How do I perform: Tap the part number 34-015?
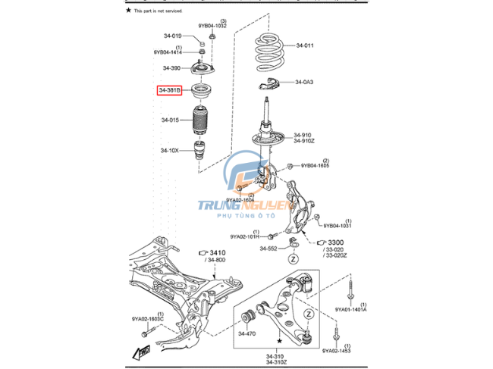point(170,120)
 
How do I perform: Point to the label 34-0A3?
point(304,82)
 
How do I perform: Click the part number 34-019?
point(172,36)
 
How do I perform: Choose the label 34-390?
point(171,68)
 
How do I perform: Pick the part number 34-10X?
point(170,150)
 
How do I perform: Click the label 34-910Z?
point(303,142)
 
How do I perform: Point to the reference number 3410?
point(218,253)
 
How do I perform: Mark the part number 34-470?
point(247,333)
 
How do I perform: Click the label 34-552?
point(268,248)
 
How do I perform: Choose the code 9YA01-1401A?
point(350,310)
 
